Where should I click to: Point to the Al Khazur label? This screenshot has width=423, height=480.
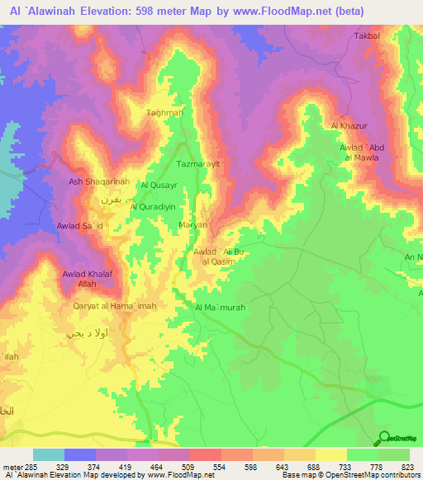347,125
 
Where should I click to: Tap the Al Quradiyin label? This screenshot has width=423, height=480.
155,207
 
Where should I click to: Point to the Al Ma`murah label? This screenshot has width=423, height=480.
220,308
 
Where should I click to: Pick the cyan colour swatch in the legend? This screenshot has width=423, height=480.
49,454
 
